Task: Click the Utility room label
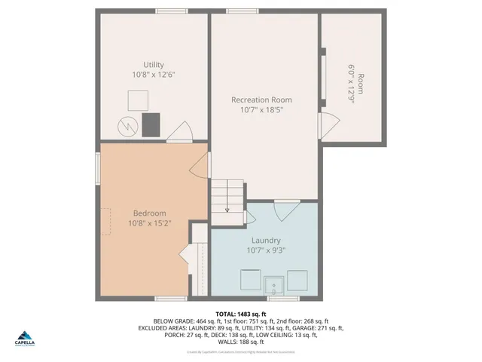coord(154,65)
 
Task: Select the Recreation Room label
coord(261,100)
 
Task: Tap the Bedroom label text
coord(150,213)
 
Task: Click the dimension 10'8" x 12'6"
coord(154,75)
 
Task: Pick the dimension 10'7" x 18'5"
coord(261,110)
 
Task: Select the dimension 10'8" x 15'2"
coord(150,223)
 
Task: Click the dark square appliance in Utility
coord(153,124)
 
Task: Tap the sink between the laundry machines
coord(273,284)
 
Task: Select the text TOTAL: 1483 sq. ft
coord(241,313)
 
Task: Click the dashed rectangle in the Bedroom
coord(105,222)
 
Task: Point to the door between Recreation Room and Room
coord(328,124)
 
